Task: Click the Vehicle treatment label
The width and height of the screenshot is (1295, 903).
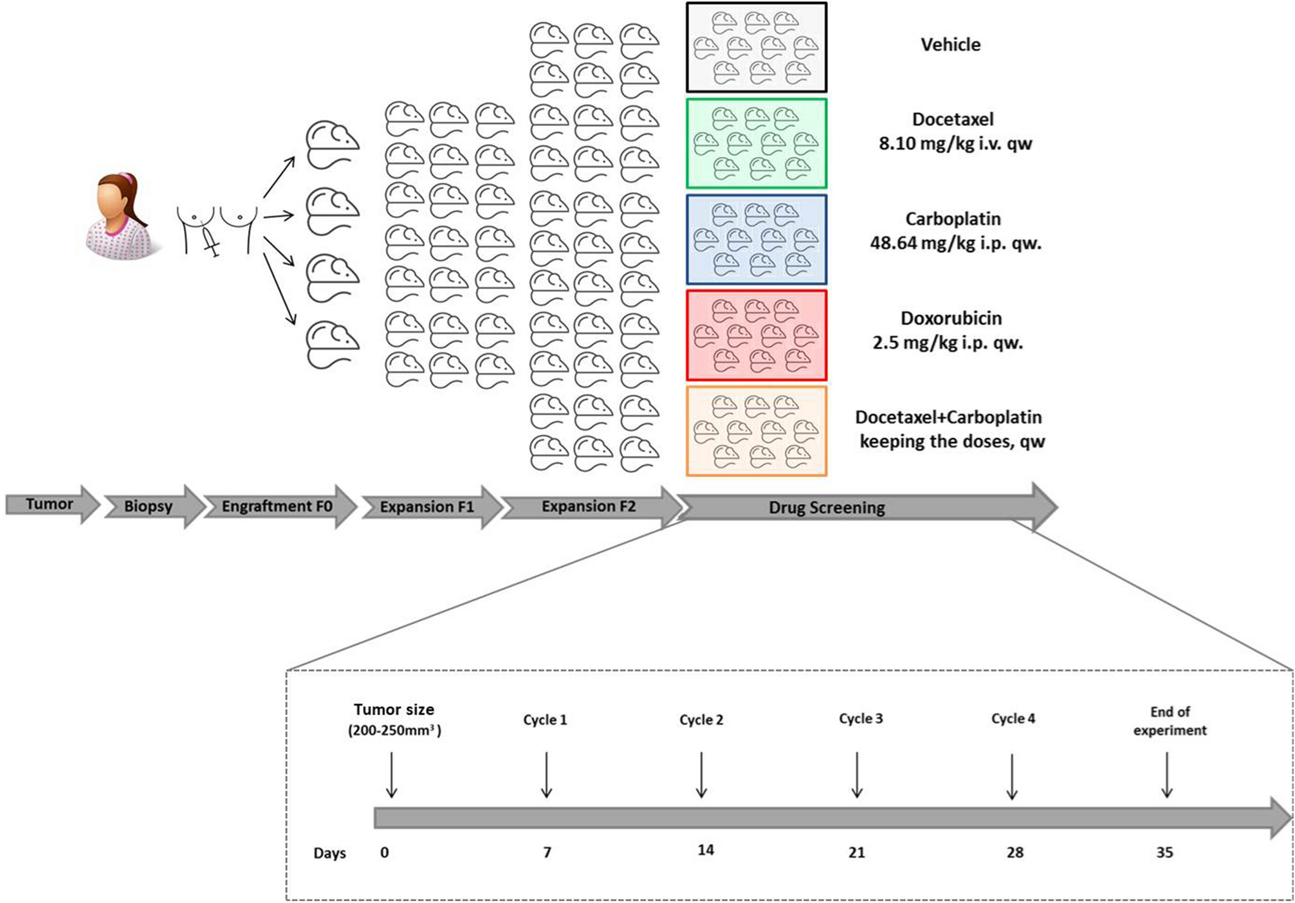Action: pyautogui.click(x=950, y=45)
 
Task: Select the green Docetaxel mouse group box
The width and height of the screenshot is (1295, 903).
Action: pyautogui.click(x=756, y=143)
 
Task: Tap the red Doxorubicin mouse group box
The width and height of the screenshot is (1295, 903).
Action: pyautogui.click(x=756, y=335)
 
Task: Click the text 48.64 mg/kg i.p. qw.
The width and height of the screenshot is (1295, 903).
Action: pyautogui.click(x=955, y=243)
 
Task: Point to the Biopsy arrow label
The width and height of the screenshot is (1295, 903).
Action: pyautogui.click(x=148, y=506)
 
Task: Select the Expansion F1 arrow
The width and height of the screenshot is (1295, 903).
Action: pyautogui.click(x=427, y=507)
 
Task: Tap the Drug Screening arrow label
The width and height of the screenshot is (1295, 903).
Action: pyautogui.click(x=827, y=507)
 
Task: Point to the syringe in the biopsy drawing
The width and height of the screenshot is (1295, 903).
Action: pyautogui.click(x=210, y=241)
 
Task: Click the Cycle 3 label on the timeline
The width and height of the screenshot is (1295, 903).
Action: pyautogui.click(x=860, y=718)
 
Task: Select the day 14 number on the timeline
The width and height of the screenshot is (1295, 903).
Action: pyautogui.click(x=705, y=850)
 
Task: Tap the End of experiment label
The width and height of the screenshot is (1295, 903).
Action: pyautogui.click(x=1170, y=721)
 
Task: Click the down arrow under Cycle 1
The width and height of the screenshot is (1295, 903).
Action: pyautogui.click(x=546, y=775)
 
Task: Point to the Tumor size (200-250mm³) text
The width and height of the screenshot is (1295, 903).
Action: pyautogui.click(x=394, y=720)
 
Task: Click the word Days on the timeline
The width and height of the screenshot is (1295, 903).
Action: pyautogui.click(x=329, y=853)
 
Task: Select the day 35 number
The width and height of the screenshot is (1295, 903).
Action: pyautogui.click(x=1164, y=853)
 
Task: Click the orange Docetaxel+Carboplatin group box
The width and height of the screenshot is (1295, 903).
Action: pyautogui.click(x=756, y=431)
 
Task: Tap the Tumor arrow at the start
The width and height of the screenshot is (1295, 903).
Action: pyautogui.click(x=50, y=504)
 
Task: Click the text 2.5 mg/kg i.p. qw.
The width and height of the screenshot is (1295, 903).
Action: pyautogui.click(x=947, y=343)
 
